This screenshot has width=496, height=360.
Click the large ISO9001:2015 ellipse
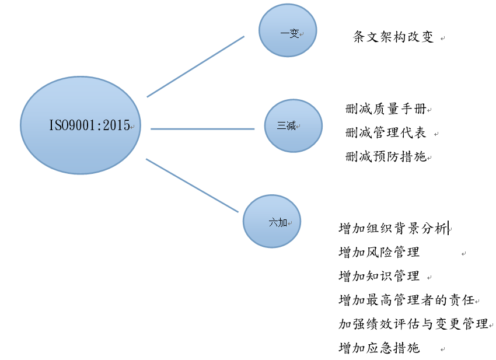(x=81, y=125)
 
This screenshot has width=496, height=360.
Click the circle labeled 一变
(x=288, y=30)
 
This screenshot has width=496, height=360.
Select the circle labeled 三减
(x=294, y=126)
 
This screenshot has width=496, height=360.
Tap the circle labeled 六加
(x=272, y=221)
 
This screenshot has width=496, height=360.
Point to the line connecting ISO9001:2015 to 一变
(x=195, y=67)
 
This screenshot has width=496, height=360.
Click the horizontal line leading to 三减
(x=202, y=129)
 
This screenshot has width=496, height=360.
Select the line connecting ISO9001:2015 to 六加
(x=192, y=186)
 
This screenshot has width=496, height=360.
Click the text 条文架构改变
(x=393, y=37)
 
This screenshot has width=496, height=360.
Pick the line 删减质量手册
(x=386, y=109)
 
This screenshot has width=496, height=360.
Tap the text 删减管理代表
(x=386, y=132)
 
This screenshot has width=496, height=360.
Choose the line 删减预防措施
(x=386, y=156)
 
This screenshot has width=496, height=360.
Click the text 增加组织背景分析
(x=393, y=228)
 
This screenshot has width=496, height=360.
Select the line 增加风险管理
(x=379, y=252)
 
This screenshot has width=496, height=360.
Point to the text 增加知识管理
(x=379, y=276)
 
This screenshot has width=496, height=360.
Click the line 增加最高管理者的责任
(x=407, y=299)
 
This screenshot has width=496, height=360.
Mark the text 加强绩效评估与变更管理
(x=414, y=324)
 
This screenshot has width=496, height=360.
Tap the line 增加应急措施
(x=379, y=348)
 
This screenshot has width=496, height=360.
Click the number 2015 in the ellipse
(x=116, y=125)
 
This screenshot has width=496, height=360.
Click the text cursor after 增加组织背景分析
(x=448, y=228)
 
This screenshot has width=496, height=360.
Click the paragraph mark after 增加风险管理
(x=463, y=254)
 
